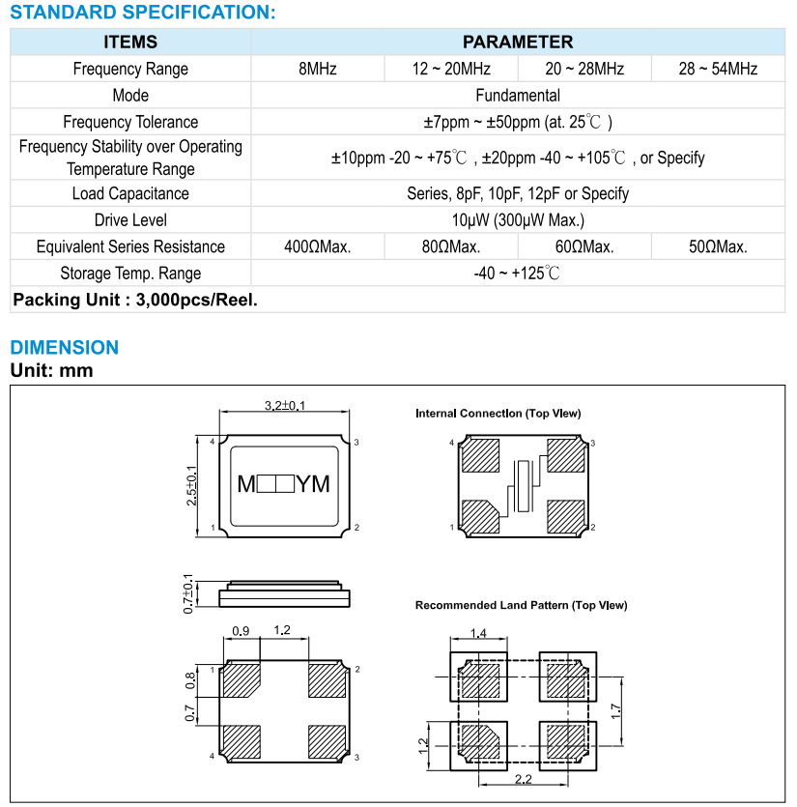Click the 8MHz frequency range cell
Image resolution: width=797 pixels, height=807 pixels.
click(318, 69)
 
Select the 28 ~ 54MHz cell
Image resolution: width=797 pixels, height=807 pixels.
click(718, 69)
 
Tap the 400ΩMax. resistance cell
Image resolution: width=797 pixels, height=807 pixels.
click(318, 246)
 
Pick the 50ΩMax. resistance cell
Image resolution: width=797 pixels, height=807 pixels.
click(718, 246)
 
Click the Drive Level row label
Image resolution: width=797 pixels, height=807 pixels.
click(130, 220)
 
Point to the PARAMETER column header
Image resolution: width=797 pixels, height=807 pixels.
click(518, 42)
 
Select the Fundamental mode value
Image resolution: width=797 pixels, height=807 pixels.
click(518, 96)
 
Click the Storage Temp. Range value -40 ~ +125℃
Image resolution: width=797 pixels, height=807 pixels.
click(518, 273)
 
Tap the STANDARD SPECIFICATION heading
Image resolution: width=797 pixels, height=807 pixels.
click(143, 13)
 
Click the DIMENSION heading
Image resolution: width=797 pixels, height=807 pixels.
click(65, 347)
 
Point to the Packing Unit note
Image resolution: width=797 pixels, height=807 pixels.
click(135, 300)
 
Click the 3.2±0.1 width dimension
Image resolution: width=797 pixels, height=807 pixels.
click(284, 406)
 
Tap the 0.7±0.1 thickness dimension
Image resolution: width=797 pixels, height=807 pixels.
click(189, 592)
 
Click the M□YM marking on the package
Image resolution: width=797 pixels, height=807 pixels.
click(284, 484)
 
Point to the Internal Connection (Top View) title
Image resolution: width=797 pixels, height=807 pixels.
click(498, 414)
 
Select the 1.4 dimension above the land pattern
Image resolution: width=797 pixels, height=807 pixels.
click(477, 633)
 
